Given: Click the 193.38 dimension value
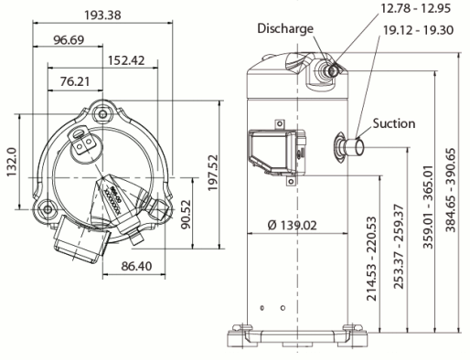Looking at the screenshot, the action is [x=102, y=15].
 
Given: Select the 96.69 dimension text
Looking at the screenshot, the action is [x=69, y=40].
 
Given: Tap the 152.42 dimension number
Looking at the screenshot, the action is [x=126, y=60].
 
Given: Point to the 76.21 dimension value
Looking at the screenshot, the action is [x=75, y=81].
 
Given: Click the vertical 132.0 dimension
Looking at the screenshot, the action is [x=12, y=162].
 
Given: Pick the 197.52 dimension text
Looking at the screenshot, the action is [x=213, y=173].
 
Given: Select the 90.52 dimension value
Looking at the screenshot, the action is [x=186, y=214].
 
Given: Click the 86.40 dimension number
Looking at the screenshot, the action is [x=136, y=266].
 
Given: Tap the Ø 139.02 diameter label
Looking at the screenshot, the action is [x=293, y=226].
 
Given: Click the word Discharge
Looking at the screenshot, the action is [x=285, y=28].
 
